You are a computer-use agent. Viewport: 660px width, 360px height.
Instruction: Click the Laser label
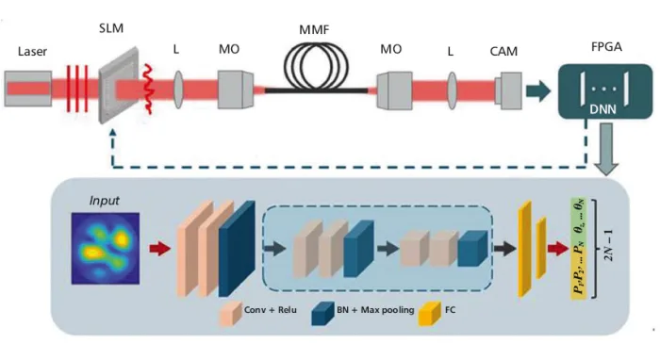(x=32, y=51)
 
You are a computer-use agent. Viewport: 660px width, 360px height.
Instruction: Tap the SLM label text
(x=111, y=28)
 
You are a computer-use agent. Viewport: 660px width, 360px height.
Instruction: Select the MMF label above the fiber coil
(x=314, y=30)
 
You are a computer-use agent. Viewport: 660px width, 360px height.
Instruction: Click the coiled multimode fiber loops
(x=316, y=67)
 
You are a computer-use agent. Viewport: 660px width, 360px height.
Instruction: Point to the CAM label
(x=503, y=51)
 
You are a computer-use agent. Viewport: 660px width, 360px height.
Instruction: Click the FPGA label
(x=606, y=47)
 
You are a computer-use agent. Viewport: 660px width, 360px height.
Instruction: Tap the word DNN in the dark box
(x=602, y=109)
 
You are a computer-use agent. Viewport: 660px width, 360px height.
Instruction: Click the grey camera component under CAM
(x=508, y=90)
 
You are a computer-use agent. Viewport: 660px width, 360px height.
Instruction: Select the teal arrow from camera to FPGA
(x=538, y=90)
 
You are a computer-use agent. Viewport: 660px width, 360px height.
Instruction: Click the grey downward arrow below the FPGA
(x=606, y=149)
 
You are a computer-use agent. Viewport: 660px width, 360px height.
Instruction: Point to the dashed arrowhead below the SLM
(x=112, y=132)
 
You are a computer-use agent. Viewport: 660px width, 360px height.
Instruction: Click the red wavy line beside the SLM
(x=148, y=90)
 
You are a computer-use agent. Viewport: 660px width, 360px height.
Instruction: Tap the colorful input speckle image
(x=106, y=248)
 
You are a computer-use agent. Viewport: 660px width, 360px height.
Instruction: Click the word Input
(x=104, y=201)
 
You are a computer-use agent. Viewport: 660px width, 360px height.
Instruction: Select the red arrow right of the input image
(x=160, y=248)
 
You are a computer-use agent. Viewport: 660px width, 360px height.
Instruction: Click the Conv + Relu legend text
(x=271, y=310)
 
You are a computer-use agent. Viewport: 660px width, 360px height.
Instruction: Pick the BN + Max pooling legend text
(x=375, y=310)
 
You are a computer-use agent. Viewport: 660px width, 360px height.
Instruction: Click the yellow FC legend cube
(x=429, y=313)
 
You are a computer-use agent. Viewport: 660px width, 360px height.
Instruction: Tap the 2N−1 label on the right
(x=609, y=245)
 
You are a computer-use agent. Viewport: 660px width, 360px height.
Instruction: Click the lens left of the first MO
(x=178, y=90)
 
